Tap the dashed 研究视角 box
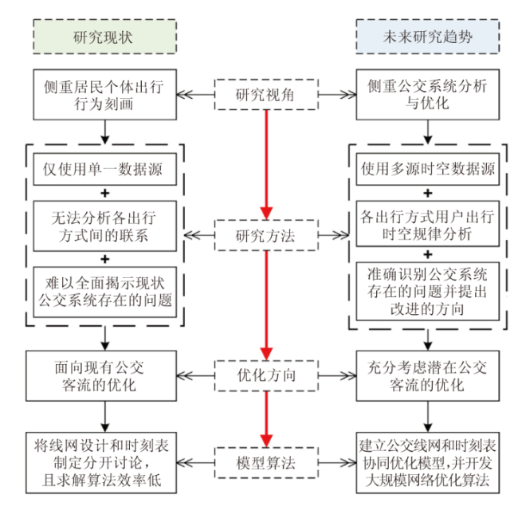point(266,95)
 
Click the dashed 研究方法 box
point(266,236)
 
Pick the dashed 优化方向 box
point(266,373)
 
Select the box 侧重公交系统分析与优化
point(427,95)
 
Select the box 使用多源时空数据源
point(428,169)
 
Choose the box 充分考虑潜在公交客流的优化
point(428,374)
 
